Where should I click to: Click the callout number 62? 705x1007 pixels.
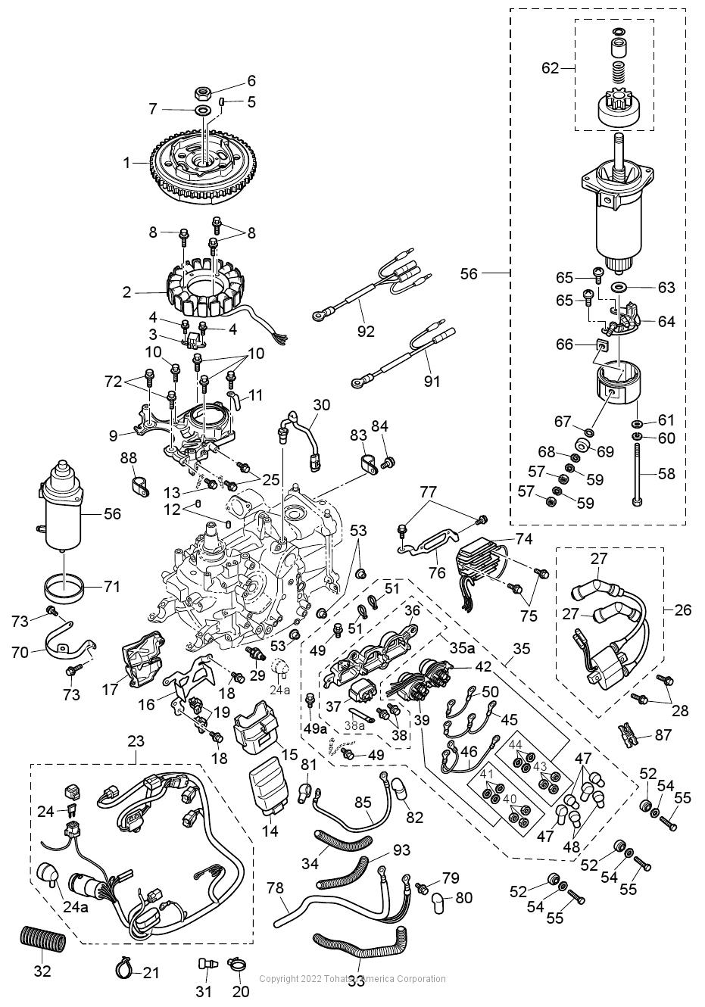tap(550, 68)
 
